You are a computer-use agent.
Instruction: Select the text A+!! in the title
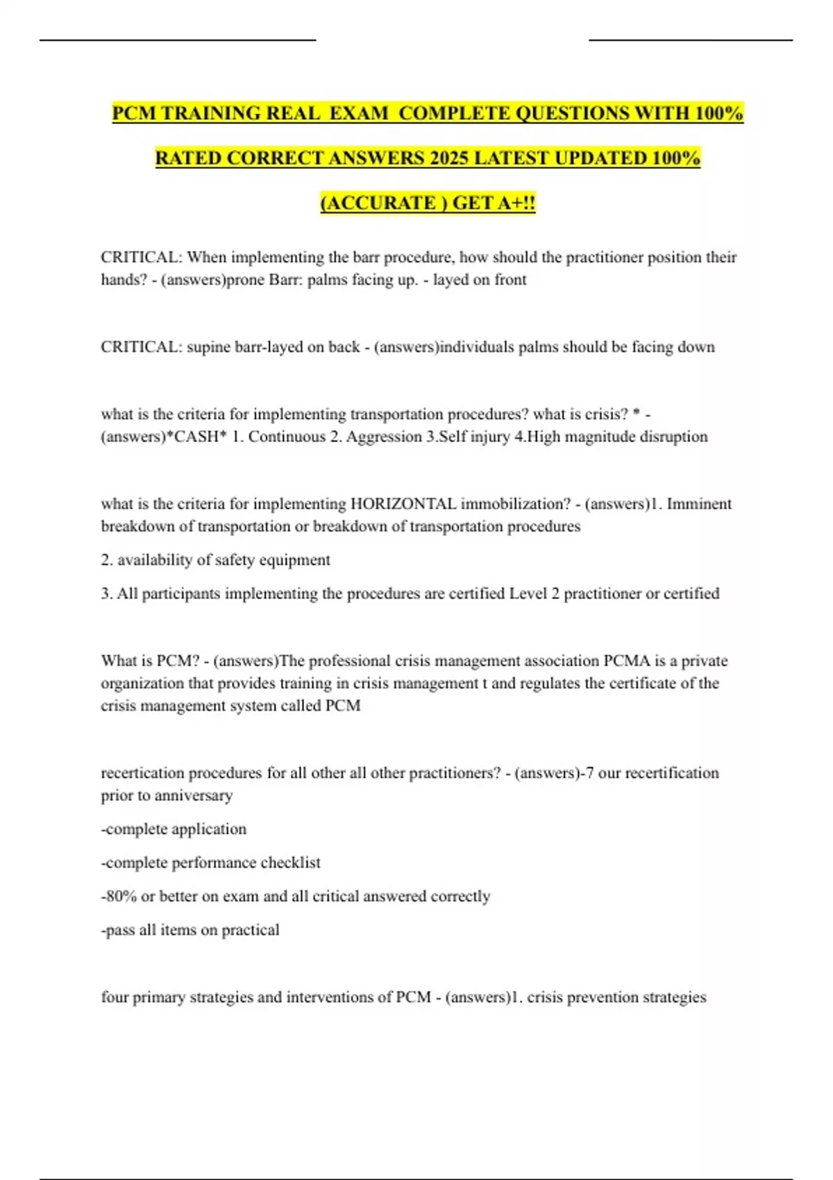pyautogui.click(x=516, y=203)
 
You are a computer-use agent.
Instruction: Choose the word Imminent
pyautogui.click(x=699, y=504)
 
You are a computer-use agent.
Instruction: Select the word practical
pyautogui.click(x=250, y=930)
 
